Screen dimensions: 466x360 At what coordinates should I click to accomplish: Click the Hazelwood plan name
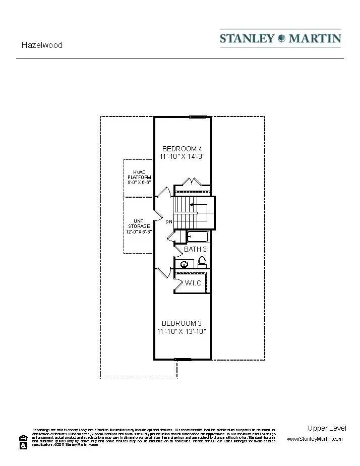point(42,45)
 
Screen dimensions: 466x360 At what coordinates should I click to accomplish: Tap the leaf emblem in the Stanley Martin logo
point(281,38)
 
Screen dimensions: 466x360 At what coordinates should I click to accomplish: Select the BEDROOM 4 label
point(182,149)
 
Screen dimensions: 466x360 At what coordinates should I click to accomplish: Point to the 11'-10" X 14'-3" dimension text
point(182,157)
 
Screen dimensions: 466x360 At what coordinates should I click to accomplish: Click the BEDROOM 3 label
point(182,323)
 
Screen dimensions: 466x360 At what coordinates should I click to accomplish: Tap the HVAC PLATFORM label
point(139,177)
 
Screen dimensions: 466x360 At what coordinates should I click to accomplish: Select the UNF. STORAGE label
point(139,226)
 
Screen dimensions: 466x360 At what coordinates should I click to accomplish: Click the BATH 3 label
point(195,250)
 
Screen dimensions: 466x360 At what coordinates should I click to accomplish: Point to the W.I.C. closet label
point(194,283)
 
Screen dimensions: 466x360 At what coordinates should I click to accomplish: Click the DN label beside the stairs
point(169,222)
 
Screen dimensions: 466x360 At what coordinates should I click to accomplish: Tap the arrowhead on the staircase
point(192,205)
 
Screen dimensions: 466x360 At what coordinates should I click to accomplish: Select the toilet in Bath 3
point(202,262)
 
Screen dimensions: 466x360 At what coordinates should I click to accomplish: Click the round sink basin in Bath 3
point(185,263)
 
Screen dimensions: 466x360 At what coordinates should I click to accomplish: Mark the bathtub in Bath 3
point(198,236)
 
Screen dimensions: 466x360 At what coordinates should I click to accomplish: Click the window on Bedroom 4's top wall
point(198,117)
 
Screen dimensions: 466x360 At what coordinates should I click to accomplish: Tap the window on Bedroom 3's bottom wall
point(183,360)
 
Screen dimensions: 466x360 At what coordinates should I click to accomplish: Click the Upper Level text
point(327,428)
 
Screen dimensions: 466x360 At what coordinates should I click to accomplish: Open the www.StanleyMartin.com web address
point(315,439)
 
